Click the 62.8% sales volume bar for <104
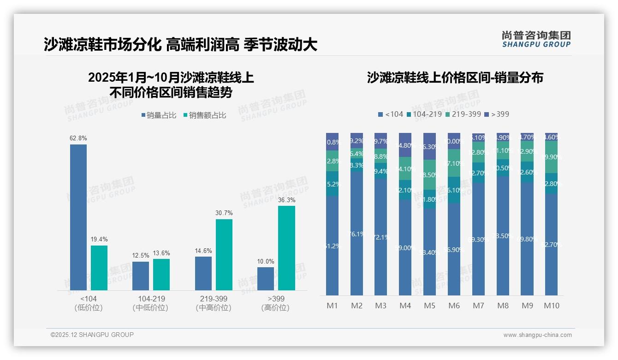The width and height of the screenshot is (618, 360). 78,217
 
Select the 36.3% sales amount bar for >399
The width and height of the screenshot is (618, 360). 286,248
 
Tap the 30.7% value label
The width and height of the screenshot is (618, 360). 224,213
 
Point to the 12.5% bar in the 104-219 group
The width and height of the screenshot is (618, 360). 141,276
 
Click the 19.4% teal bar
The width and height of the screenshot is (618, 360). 99,268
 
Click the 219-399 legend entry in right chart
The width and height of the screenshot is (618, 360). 463,114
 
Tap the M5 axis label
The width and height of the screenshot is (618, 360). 429,306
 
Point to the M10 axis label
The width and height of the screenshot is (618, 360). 551,306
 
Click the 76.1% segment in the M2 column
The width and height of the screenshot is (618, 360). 357,233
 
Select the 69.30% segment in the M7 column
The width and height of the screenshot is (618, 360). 478,239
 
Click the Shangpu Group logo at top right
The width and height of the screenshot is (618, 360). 536,39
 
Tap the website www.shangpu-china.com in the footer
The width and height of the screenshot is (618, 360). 537,335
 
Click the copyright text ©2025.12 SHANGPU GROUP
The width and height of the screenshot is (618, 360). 92,335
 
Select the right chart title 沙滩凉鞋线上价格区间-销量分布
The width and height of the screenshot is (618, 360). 455,78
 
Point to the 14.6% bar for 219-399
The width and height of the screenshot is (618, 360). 203,273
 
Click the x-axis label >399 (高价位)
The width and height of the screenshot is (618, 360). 275,303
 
